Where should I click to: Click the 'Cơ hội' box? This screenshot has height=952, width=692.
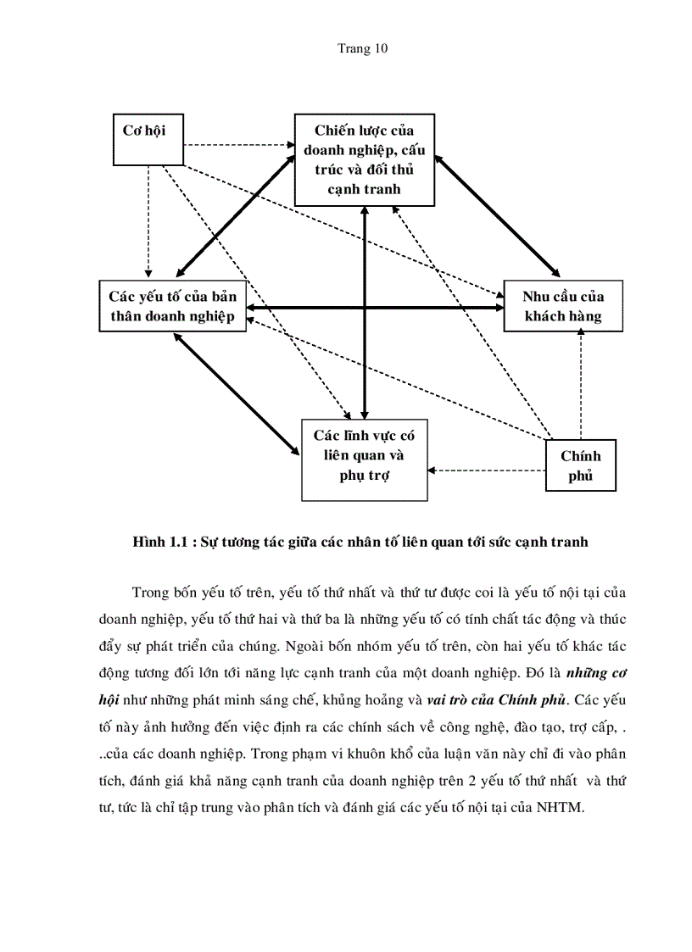pos(148,139)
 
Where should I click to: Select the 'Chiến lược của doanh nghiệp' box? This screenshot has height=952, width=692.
pos(364,159)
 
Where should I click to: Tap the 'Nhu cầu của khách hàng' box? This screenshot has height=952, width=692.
pos(563,306)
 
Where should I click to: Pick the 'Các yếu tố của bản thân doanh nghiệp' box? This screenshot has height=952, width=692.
pos(172,306)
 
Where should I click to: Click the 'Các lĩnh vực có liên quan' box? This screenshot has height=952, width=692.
pos(365,459)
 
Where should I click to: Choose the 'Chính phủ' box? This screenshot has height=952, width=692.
pos(580,466)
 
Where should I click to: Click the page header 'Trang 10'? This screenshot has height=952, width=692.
pos(363,48)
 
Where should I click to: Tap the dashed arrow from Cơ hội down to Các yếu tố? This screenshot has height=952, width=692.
pos(148,220)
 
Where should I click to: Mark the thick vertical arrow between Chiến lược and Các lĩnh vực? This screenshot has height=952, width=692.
pos(364,314)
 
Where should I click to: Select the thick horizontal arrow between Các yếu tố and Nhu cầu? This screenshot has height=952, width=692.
pos(373,306)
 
